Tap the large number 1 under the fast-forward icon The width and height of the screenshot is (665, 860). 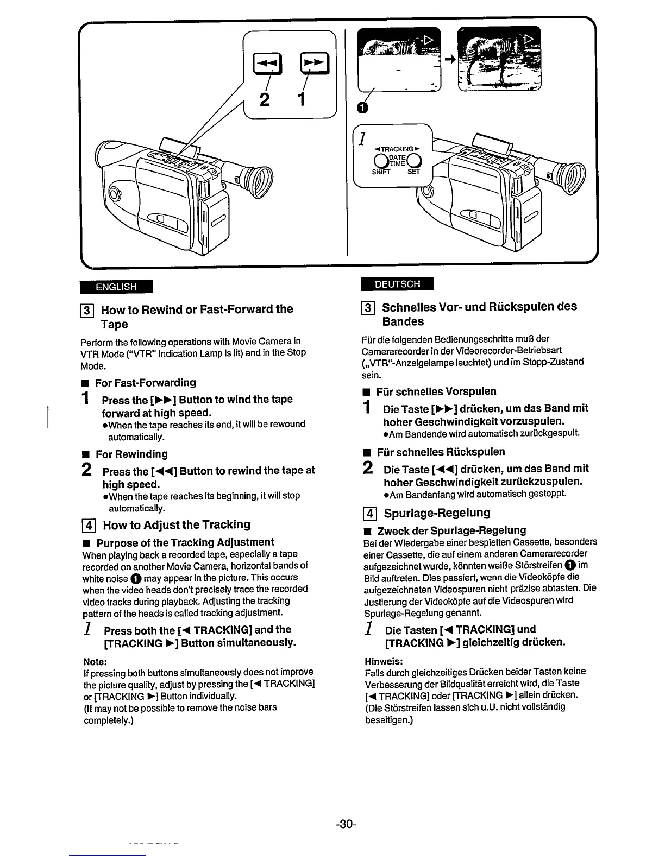[301, 100]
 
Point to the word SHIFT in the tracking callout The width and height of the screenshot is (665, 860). [381, 172]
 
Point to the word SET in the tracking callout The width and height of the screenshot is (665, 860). [414, 172]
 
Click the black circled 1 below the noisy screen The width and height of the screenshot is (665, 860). [362, 109]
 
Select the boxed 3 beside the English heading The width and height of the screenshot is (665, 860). [89, 310]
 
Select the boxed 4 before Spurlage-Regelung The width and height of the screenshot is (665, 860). [370, 513]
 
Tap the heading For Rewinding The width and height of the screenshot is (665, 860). [131, 454]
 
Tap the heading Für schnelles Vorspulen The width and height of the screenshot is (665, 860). [436, 391]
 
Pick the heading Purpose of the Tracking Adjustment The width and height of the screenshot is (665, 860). [185, 542]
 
